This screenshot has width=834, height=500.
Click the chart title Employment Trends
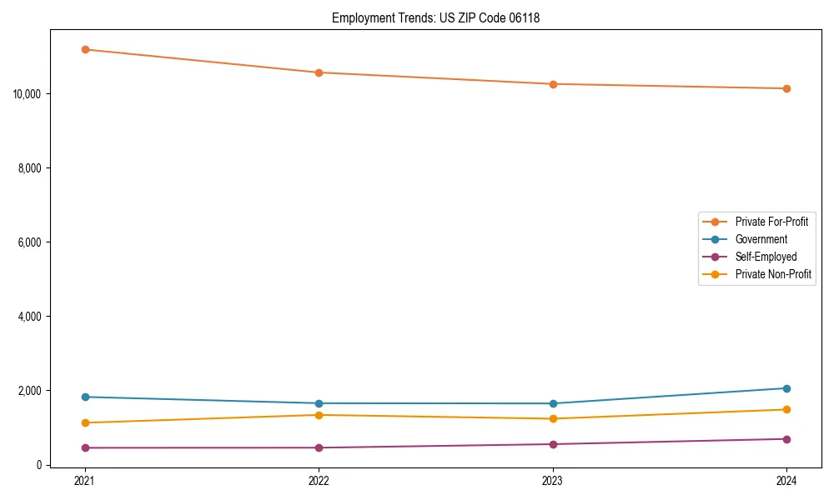pos(435,17)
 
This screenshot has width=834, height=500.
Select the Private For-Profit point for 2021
pos(85,49)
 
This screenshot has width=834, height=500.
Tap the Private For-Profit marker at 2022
pos(319,72)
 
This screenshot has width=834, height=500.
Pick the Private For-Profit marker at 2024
pos(786,88)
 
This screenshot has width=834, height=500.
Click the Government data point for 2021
pos(85,397)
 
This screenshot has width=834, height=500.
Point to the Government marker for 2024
pos(786,388)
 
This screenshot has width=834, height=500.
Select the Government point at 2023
pos(553,403)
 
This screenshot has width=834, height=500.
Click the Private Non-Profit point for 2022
pos(319,415)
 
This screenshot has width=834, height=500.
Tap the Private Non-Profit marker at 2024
pos(786,409)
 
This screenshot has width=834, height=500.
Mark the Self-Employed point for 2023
pos(553,444)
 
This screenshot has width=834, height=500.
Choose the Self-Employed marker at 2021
pos(85,447)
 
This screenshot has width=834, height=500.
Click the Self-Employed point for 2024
pos(786,439)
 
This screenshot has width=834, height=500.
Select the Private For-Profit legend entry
pos(771,222)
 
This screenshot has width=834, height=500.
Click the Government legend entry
pos(761,239)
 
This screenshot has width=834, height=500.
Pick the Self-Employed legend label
pos(766,257)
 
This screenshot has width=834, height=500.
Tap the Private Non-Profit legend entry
pos(773,274)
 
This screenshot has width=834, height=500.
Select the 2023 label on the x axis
pos(553,480)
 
